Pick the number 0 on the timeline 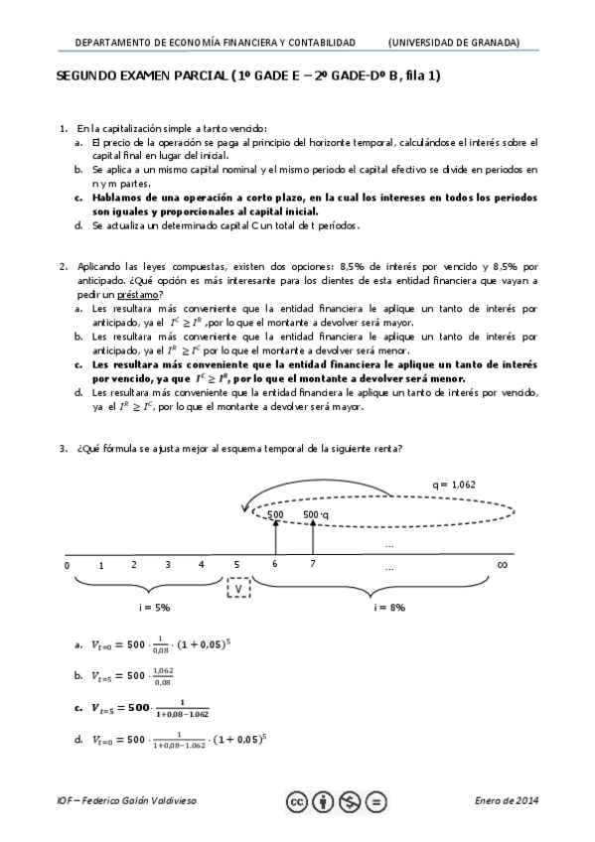[x=67, y=565]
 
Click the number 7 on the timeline [x=312, y=565]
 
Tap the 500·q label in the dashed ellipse [x=315, y=514]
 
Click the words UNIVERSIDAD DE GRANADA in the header [x=454, y=43]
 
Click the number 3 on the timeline [x=168, y=565]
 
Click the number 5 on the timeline [x=236, y=565]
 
